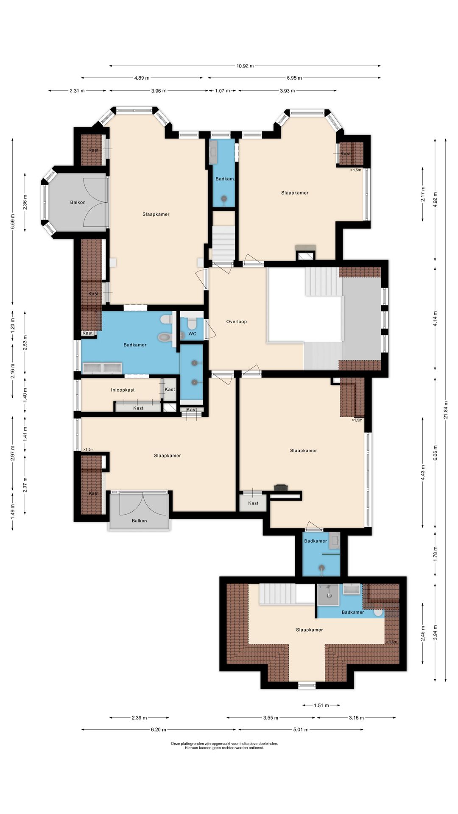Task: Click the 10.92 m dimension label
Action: [245, 66]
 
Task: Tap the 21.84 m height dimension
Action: [446, 410]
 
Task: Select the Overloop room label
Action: [236, 321]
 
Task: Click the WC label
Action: [192, 334]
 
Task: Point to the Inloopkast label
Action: [123, 390]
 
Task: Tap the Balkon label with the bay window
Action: [78, 202]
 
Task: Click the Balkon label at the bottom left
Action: [139, 521]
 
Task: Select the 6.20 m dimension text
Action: [158, 730]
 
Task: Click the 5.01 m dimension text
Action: [301, 730]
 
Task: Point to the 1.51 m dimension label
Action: [321, 705]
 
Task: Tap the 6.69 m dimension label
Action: [13, 221]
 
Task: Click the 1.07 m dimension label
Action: [222, 91]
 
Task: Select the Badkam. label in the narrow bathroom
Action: [225, 179]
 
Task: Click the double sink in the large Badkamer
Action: [102, 368]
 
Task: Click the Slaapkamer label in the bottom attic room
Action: [309, 630]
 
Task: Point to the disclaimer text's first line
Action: [224, 743]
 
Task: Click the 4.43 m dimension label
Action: [423, 473]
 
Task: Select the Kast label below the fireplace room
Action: [253, 503]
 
